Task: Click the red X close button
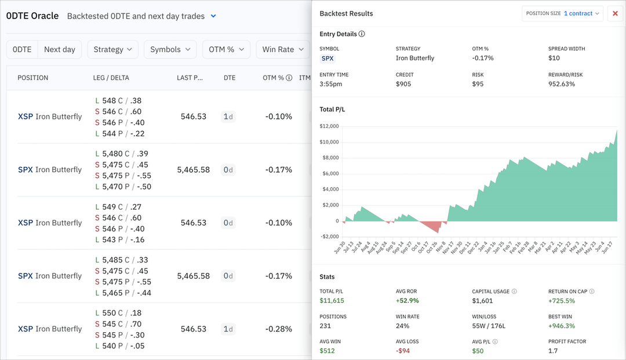pyautogui.click(x=616, y=13)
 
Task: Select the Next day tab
pyautogui.click(x=60, y=49)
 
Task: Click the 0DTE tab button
pyautogui.click(x=22, y=49)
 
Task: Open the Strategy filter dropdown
pyautogui.click(x=112, y=49)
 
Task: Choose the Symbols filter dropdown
pyautogui.click(x=170, y=49)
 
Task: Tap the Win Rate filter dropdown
pyautogui.click(x=283, y=49)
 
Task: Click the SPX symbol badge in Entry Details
pyautogui.click(x=328, y=58)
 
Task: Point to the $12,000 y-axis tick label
pyautogui.click(x=329, y=126)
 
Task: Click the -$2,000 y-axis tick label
pyautogui.click(x=329, y=237)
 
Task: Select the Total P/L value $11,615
pyautogui.click(x=332, y=300)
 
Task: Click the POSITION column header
pyautogui.click(x=33, y=78)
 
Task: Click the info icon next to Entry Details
pyautogui.click(x=362, y=34)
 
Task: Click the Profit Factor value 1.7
pyautogui.click(x=553, y=351)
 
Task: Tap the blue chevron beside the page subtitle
pyautogui.click(x=213, y=16)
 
